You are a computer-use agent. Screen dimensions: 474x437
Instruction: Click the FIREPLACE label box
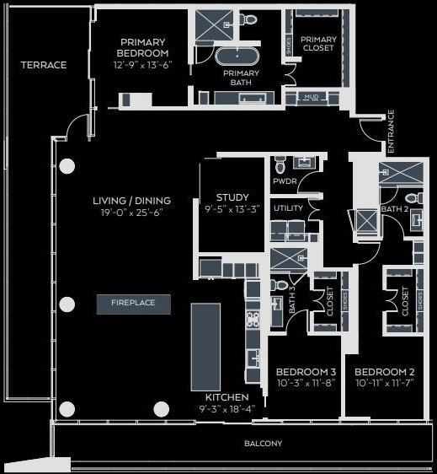(x=133, y=304)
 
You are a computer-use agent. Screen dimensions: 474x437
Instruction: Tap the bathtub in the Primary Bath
(x=237, y=58)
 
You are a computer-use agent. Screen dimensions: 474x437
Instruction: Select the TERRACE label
(x=44, y=65)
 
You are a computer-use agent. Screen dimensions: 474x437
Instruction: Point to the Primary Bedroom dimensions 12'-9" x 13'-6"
(x=142, y=65)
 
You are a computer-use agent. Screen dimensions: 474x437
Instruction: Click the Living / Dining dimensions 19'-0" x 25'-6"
(x=131, y=213)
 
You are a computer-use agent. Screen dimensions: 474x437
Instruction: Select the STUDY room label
(x=232, y=197)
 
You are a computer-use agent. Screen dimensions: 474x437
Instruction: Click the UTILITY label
(x=288, y=207)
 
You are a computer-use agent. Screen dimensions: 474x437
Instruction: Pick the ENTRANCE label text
(x=391, y=126)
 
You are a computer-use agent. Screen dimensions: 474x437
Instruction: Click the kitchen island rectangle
(x=205, y=347)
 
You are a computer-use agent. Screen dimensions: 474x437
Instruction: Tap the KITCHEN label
(x=227, y=397)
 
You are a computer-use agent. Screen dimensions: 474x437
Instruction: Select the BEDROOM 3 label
(x=306, y=372)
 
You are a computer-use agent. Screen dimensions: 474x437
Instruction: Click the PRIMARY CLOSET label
(x=318, y=44)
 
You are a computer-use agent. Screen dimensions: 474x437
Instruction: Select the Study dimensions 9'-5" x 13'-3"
(x=232, y=210)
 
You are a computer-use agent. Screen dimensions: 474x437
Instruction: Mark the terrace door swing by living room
(x=77, y=127)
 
